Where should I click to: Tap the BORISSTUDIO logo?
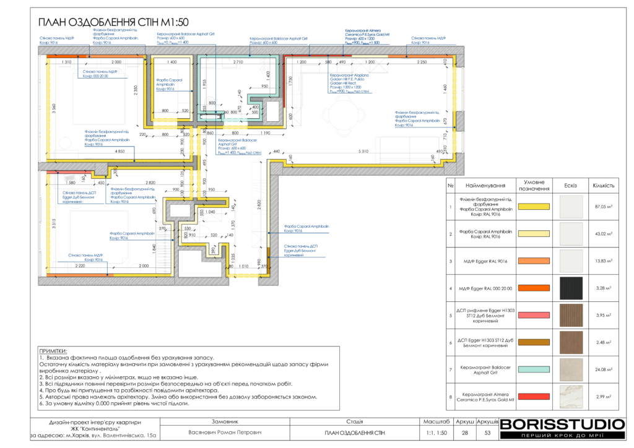pyautogui.click(x=562, y=424)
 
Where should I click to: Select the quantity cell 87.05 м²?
pyautogui.click(x=603, y=207)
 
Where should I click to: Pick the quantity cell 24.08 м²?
pyautogui.click(x=603, y=370)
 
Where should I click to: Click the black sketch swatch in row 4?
pyautogui.click(x=571, y=288)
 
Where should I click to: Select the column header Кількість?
pyautogui.click(x=603, y=186)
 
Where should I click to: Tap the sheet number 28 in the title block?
pyautogui.click(x=465, y=433)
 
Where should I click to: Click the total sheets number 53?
pyautogui.click(x=487, y=433)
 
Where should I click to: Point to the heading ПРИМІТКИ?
pyautogui.click(x=53, y=351)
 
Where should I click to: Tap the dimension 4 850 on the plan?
pyautogui.click(x=124, y=152)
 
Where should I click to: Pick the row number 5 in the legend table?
pyautogui.click(x=451, y=315)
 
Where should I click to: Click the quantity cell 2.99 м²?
pyautogui.click(x=603, y=397)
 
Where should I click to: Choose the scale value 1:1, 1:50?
pyautogui.click(x=437, y=433)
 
